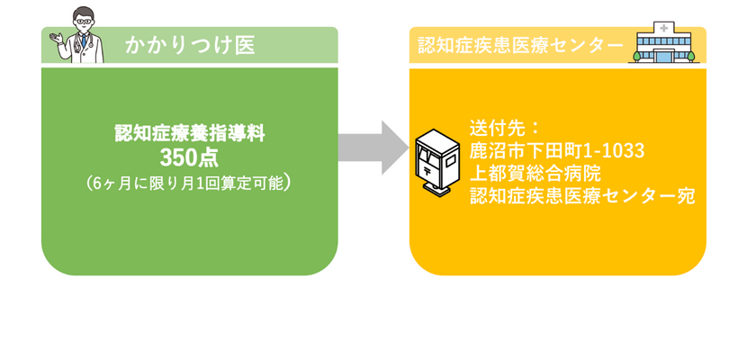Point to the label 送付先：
coord(504,125)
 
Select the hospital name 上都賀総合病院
coord(535,172)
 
